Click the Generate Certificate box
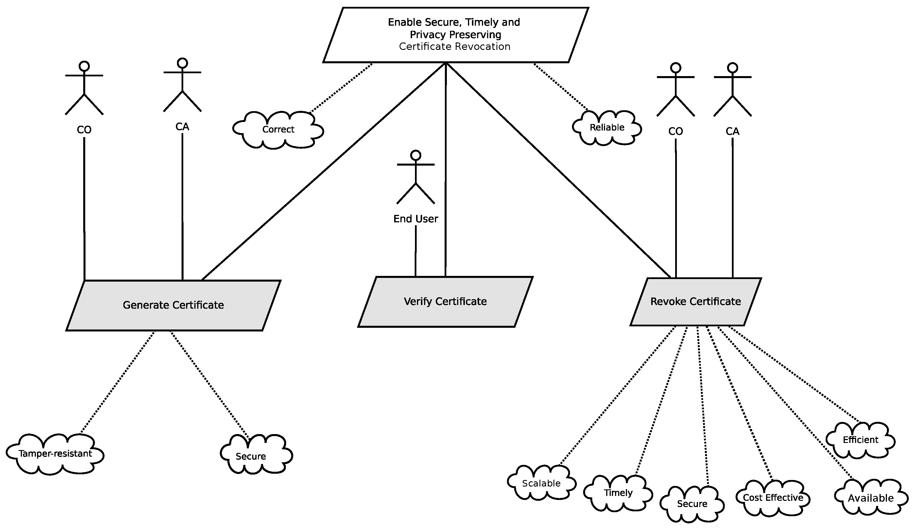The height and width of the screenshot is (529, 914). coord(173,305)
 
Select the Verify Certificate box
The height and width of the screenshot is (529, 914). coord(445,302)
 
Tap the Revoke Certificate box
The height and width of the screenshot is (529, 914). coord(696,302)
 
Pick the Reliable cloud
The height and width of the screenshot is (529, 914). coord(607,128)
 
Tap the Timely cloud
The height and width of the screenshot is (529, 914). coord(618,493)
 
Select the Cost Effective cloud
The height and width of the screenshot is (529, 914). coord(773,498)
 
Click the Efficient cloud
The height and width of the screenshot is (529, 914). coord(860,440)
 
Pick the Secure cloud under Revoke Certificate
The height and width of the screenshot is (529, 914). coord(692,504)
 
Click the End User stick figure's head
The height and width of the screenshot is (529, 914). coord(416,155)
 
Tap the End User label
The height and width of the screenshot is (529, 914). coord(416,219)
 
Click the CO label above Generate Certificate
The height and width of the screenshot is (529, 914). coord(84,130)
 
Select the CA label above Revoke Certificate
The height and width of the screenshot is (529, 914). coord(732,131)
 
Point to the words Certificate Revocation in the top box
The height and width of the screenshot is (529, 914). coord(455,46)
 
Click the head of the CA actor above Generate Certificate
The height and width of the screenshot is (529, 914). coord(182,63)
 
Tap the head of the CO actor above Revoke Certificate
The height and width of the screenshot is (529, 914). coord(675,68)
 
